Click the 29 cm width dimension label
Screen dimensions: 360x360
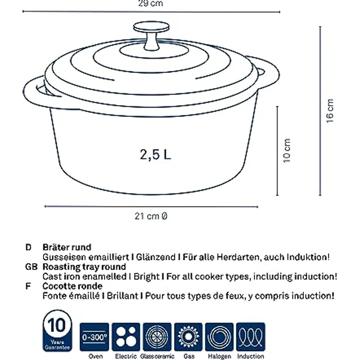[x=151, y=3]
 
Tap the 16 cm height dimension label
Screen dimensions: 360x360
[x=330, y=111]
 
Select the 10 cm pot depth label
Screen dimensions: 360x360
[x=287, y=151]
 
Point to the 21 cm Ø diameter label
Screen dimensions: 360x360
[x=151, y=216]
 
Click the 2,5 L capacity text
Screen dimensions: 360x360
[x=156, y=154]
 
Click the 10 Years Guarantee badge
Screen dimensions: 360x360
[x=57, y=331]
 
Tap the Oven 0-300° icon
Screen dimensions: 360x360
[x=94, y=337]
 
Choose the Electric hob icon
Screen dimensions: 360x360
[x=126, y=337]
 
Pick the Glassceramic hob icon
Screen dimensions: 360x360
[x=157, y=337]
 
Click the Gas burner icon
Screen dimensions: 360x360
[x=188, y=337]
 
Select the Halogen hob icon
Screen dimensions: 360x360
[x=219, y=337]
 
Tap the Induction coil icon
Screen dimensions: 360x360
[x=250, y=337]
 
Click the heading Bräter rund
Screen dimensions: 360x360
[x=67, y=247]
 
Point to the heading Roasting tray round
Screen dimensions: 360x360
[x=84, y=267]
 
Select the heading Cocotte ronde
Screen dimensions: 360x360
[x=72, y=286]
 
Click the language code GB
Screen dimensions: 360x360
[x=31, y=267]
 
